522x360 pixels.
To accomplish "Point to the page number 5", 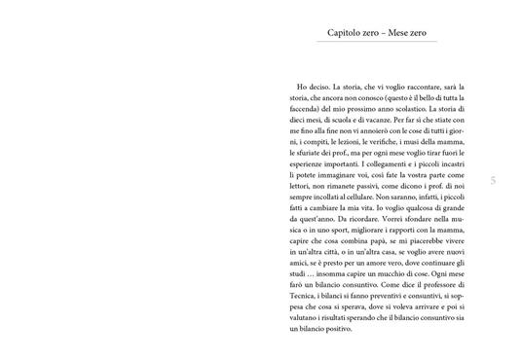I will [494, 180].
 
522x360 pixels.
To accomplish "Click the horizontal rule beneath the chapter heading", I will [381, 45].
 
